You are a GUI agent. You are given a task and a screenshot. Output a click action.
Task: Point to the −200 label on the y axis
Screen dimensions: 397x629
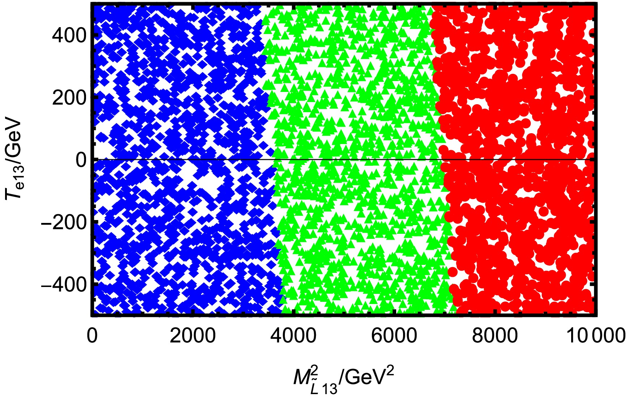[x=64, y=221]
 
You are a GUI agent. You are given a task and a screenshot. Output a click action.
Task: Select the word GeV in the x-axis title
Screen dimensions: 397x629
[x=365, y=379]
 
